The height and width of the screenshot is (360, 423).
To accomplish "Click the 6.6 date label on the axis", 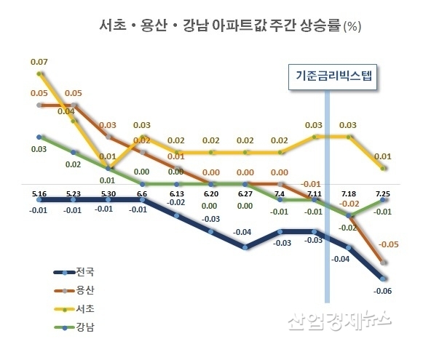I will pyautogui.click(x=141, y=193).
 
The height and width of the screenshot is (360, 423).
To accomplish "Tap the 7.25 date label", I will pyautogui.click(x=384, y=193).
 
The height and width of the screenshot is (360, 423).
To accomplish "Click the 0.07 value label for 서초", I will pyautogui.click(x=40, y=61).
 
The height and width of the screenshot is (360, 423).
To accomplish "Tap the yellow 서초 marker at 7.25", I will pyautogui.click(x=384, y=168).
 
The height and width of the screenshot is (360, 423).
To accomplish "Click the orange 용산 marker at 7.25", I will pyautogui.click(x=384, y=262).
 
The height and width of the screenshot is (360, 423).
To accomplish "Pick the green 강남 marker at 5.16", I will pyautogui.click(x=40, y=136).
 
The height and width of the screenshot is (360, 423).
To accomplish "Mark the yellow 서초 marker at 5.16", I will pyautogui.click(x=40, y=73).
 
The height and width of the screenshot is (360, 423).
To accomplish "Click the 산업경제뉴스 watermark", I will pyautogui.click(x=341, y=320).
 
